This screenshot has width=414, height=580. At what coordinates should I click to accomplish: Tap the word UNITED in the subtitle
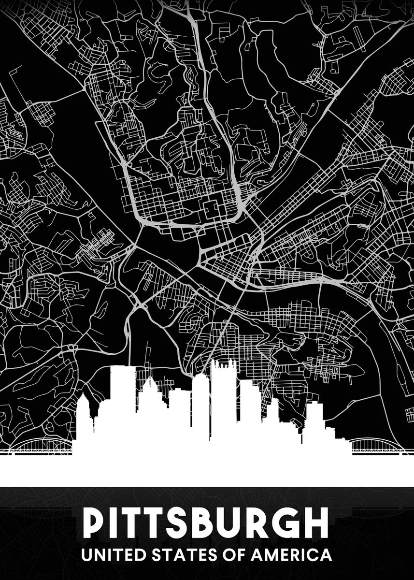click(109, 554)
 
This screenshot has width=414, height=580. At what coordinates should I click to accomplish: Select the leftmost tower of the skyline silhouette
click(85, 416)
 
